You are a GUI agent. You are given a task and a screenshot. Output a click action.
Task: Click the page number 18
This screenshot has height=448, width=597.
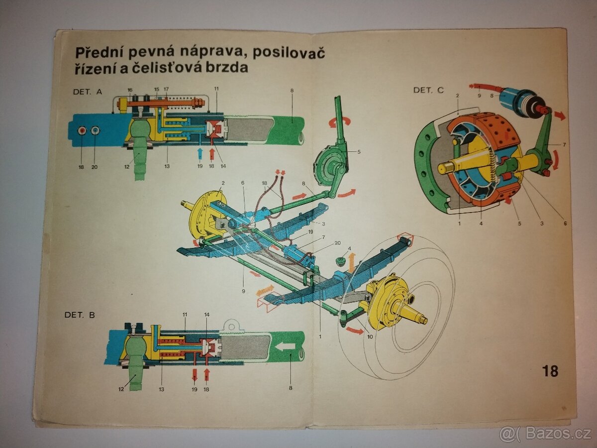tap(550, 371)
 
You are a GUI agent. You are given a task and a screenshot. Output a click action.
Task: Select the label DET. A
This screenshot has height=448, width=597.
tap(87, 92)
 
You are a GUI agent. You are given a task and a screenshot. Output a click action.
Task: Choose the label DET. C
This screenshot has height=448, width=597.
tap(428, 90)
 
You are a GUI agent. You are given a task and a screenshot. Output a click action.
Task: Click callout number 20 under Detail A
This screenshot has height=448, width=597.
tap(95, 167)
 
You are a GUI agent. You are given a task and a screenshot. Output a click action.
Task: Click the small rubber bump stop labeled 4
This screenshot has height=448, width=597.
tap(342, 260)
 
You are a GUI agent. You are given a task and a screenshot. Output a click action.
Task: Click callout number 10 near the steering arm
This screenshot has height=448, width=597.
tap(370, 337)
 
